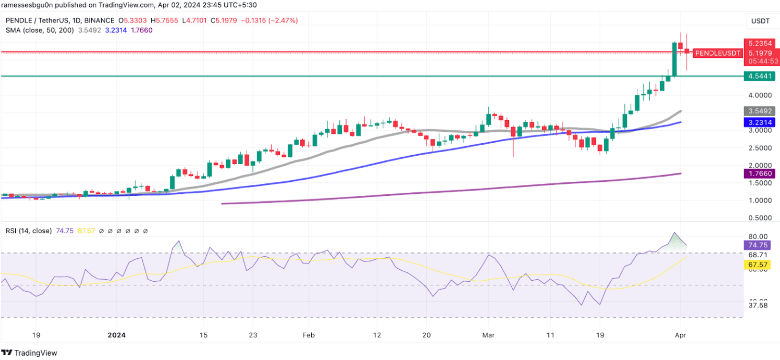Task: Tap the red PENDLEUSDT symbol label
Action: (x=717, y=53)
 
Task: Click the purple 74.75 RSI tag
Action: (x=758, y=245)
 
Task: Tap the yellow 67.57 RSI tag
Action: (x=758, y=265)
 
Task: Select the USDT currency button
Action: (x=760, y=21)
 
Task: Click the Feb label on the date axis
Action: (x=309, y=335)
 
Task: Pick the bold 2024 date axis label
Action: (x=116, y=335)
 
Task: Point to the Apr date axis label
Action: (x=680, y=335)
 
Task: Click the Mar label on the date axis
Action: (x=488, y=335)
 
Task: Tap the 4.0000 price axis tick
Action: (x=760, y=95)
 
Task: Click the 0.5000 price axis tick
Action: (x=760, y=218)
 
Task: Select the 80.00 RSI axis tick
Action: (x=758, y=236)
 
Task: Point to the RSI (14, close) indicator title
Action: (x=29, y=231)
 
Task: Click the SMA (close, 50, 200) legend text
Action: (x=40, y=30)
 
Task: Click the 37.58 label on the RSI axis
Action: (x=758, y=305)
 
